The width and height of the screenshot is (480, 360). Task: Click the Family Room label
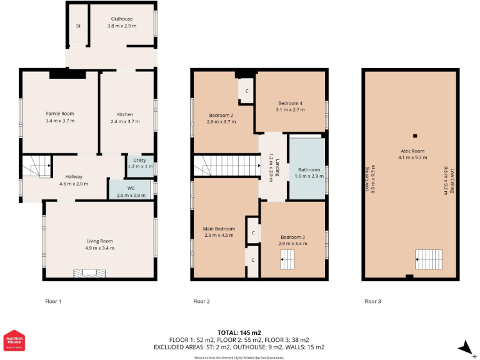coord(60,114)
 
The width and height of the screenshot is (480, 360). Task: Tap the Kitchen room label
coord(125,114)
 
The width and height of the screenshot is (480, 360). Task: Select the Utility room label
coord(139,161)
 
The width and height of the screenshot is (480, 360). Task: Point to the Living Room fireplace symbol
coord(87,272)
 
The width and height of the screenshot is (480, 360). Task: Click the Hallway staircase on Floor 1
coord(36,166)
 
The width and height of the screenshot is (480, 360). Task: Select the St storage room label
coord(79,26)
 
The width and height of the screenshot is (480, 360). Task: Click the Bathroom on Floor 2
coord(308,169)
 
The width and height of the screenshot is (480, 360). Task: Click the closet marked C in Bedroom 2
coord(247,91)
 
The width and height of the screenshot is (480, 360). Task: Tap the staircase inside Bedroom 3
coord(287,259)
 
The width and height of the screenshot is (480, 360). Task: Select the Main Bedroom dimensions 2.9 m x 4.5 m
coord(220,236)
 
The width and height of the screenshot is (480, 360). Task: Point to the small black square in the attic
coord(413,136)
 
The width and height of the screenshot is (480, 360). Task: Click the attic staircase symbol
coord(429,257)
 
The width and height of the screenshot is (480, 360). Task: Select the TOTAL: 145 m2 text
coord(239,332)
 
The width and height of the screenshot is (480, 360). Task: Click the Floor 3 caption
coord(372,301)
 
